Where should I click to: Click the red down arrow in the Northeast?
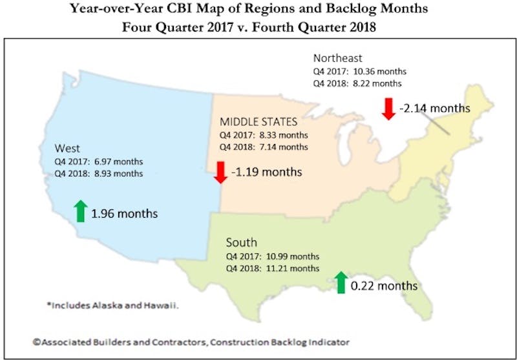click(388, 108)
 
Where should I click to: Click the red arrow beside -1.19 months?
click(220, 172)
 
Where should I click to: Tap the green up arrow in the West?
click(80, 211)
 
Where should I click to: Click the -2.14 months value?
click(434, 107)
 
